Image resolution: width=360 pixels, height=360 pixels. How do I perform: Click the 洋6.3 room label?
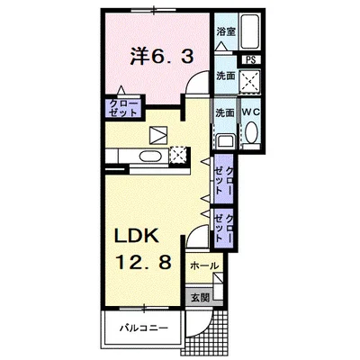pos(161,56)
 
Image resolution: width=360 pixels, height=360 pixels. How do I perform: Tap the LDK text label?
pos(137,235)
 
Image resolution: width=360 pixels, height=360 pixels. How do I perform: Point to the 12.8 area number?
pos(143,261)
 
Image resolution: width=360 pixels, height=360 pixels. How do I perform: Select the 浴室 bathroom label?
pos(226,31)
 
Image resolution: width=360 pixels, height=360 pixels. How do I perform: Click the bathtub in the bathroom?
pos(249,31)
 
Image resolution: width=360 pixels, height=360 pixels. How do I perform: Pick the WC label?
pos(251,112)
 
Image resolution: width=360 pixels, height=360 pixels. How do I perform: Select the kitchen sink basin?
pos(150,157)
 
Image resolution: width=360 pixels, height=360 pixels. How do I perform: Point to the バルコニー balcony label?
pos(144,328)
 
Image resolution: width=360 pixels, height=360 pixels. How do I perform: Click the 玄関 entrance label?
pos(200,298)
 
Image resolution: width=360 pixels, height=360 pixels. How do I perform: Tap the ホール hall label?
pos(204,265)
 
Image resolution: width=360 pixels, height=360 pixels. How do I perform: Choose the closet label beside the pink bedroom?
pos(123,108)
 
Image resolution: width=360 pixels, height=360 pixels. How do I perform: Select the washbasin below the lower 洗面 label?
pos(225,141)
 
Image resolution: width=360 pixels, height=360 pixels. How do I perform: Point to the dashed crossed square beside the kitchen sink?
pos(179,156)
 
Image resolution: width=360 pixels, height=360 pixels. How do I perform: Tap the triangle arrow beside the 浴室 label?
pos(222,47)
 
